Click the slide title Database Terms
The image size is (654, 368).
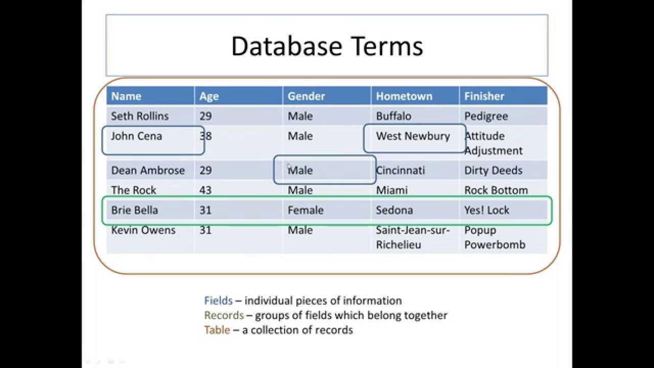coord(327,46)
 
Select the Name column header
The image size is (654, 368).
coord(126,96)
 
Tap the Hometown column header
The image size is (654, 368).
coord(404,96)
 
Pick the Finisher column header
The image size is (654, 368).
coord(484,96)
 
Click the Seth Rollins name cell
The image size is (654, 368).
coord(139,116)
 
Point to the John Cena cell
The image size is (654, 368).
coord(136,136)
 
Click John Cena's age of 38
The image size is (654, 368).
coord(205,136)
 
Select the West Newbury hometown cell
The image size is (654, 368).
coord(413,136)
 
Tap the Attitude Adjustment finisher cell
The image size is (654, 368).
coord(493,143)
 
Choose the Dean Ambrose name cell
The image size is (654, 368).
coord(148,170)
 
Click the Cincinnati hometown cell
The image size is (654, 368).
coord(400,170)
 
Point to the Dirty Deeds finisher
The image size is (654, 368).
coord(493,170)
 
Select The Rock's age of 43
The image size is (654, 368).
coord(205,190)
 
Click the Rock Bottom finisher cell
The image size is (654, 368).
coord(496,190)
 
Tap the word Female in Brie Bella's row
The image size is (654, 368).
coord(306,210)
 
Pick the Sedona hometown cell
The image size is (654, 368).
coord(394,210)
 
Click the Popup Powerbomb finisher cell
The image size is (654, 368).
coord(494,237)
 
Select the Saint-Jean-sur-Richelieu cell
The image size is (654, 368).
coord(412,237)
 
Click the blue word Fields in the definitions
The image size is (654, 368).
coord(218,301)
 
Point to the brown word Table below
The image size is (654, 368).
coord(217,330)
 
